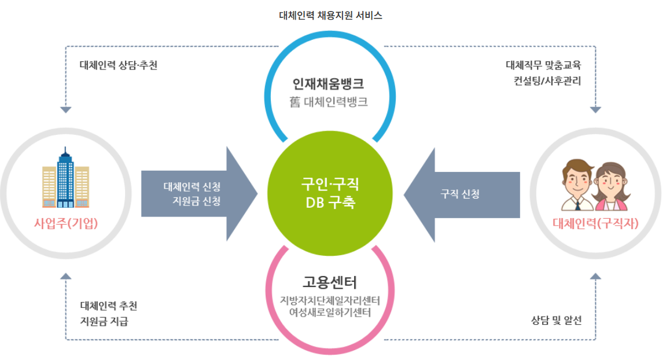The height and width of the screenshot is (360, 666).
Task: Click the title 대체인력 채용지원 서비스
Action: [x=330, y=16]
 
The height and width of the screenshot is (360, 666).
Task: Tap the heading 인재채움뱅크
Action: [x=328, y=84]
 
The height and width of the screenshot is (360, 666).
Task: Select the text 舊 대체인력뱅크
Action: [x=329, y=102]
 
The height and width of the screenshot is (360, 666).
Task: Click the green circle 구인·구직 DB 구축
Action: [x=329, y=194]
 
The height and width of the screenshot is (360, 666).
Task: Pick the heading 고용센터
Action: [x=330, y=283]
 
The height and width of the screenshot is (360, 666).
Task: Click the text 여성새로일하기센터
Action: [x=330, y=313]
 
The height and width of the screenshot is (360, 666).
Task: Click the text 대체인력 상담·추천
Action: [x=119, y=65]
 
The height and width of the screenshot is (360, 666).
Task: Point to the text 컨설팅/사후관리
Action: [x=547, y=80]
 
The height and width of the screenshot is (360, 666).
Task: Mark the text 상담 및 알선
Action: [x=556, y=319]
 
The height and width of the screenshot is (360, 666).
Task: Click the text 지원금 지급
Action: [x=104, y=321]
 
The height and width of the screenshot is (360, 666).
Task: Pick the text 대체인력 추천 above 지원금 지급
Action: [x=109, y=305]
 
